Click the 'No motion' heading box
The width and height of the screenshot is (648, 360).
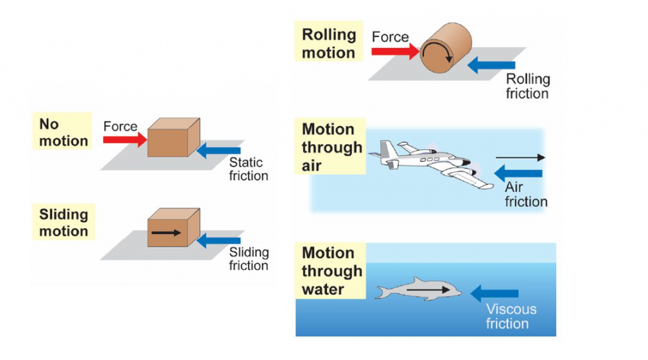pyautogui.click(x=63, y=132)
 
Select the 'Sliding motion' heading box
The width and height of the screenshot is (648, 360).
pyautogui.click(x=63, y=222)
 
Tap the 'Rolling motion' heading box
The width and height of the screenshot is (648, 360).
pyautogui.click(x=328, y=43)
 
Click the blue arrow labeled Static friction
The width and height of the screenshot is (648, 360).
pyautogui.click(x=219, y=151)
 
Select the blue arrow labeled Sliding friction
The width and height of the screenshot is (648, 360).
pyautogui.click(x=219, y=240)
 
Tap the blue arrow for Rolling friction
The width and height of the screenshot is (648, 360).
pyautogui.click(x=494, y=65)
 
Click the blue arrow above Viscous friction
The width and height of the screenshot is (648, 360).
pyautogui.click(x=495, y=293)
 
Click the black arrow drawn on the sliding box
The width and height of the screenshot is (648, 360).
pyautogui.click(x=166, y=233)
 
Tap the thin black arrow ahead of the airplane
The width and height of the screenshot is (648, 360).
pyautogui.click(x=520, y=157)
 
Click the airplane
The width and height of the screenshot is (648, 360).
pyautogui.click(x=430, y=163)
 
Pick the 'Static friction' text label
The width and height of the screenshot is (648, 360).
pyautogui.click(x=248, y=169)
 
